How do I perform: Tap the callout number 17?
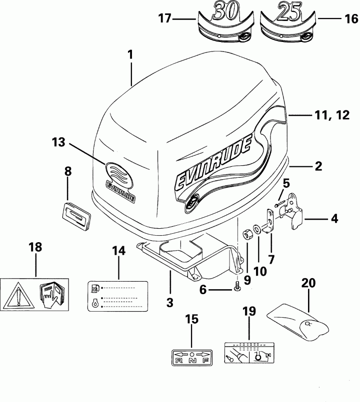[x=165, y=19]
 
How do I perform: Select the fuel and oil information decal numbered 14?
[x=119, y=297]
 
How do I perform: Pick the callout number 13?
[x=58, y=142]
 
